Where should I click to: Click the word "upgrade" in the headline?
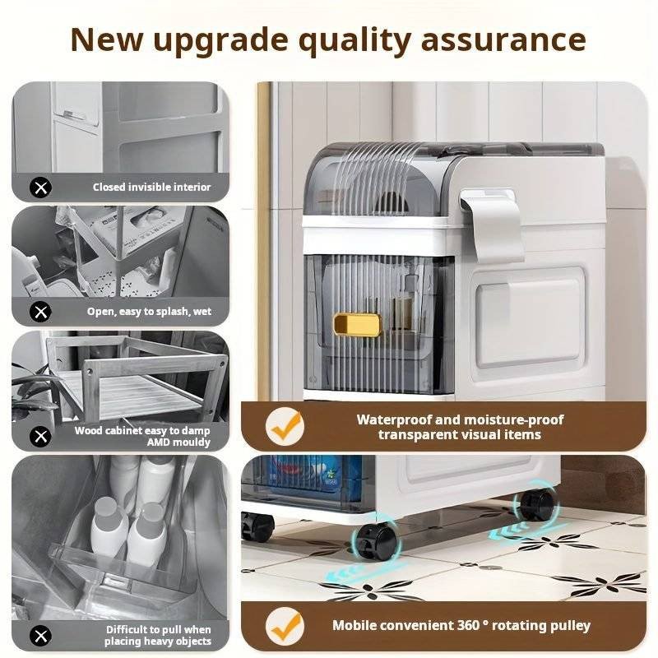pyautogui.click(x=221, y=41)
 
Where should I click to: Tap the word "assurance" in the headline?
pyautogui.click(x=503, y=40)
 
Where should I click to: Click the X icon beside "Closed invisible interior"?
pyautogui.click(x=40, y=188)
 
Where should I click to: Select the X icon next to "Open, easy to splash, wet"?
pyautogui.click(x=40, y=312)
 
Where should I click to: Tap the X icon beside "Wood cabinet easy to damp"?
pyautogui.click(x=40, y=437)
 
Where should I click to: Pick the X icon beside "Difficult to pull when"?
pyautogui.click(x=40, y=636)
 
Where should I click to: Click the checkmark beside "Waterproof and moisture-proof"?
pyautogui.click(x=285, y=427)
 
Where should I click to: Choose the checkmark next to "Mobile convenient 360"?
pyautogui.click(x=285, y=627)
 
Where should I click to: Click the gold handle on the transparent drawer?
pyautogui.click(x=357, y=325)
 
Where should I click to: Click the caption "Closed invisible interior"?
pyautogui.click(x=152, y=188)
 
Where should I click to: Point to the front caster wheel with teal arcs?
pyautogui.click(x=374, y=540)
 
